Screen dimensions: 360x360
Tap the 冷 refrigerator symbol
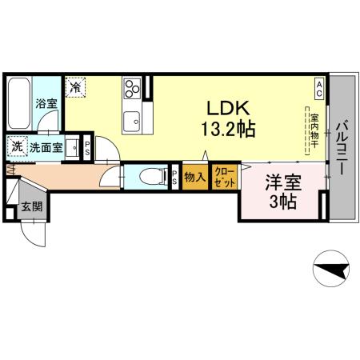pos(77,86)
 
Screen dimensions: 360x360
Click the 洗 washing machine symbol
pos(17,146)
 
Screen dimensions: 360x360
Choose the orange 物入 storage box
pos(195,177)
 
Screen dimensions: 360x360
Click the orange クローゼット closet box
pos(225,177)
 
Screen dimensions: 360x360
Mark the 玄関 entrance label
pos(33,207)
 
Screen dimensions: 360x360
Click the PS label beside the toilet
pos(175,178)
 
